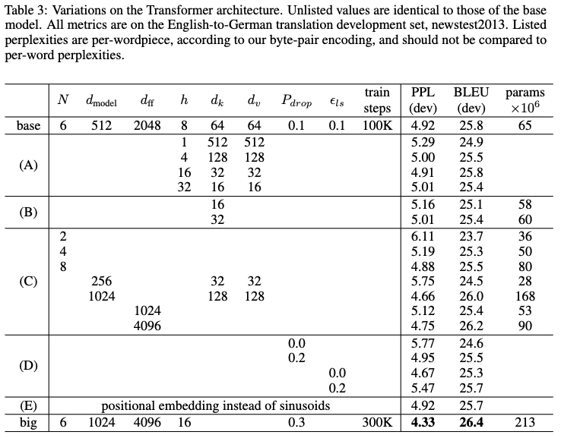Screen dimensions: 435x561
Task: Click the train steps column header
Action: (377, 101)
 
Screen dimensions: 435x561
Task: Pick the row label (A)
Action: (29, 164)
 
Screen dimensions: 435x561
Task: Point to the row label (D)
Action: (29, 365)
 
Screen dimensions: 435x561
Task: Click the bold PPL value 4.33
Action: (422, 422)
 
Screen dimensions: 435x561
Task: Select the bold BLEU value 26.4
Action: (470, 422)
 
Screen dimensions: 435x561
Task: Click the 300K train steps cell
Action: (376, 422)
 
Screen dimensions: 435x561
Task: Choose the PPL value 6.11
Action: (422, 237)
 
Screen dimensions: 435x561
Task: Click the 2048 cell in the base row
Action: (147, 125)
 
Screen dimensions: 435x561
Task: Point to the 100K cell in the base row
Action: (376, 125)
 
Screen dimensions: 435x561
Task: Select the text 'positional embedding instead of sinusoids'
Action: (216, 406)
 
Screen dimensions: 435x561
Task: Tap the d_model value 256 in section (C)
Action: (101, 281)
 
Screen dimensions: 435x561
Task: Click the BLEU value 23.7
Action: (470, 237)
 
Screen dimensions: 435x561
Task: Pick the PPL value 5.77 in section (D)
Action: (422, 343)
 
